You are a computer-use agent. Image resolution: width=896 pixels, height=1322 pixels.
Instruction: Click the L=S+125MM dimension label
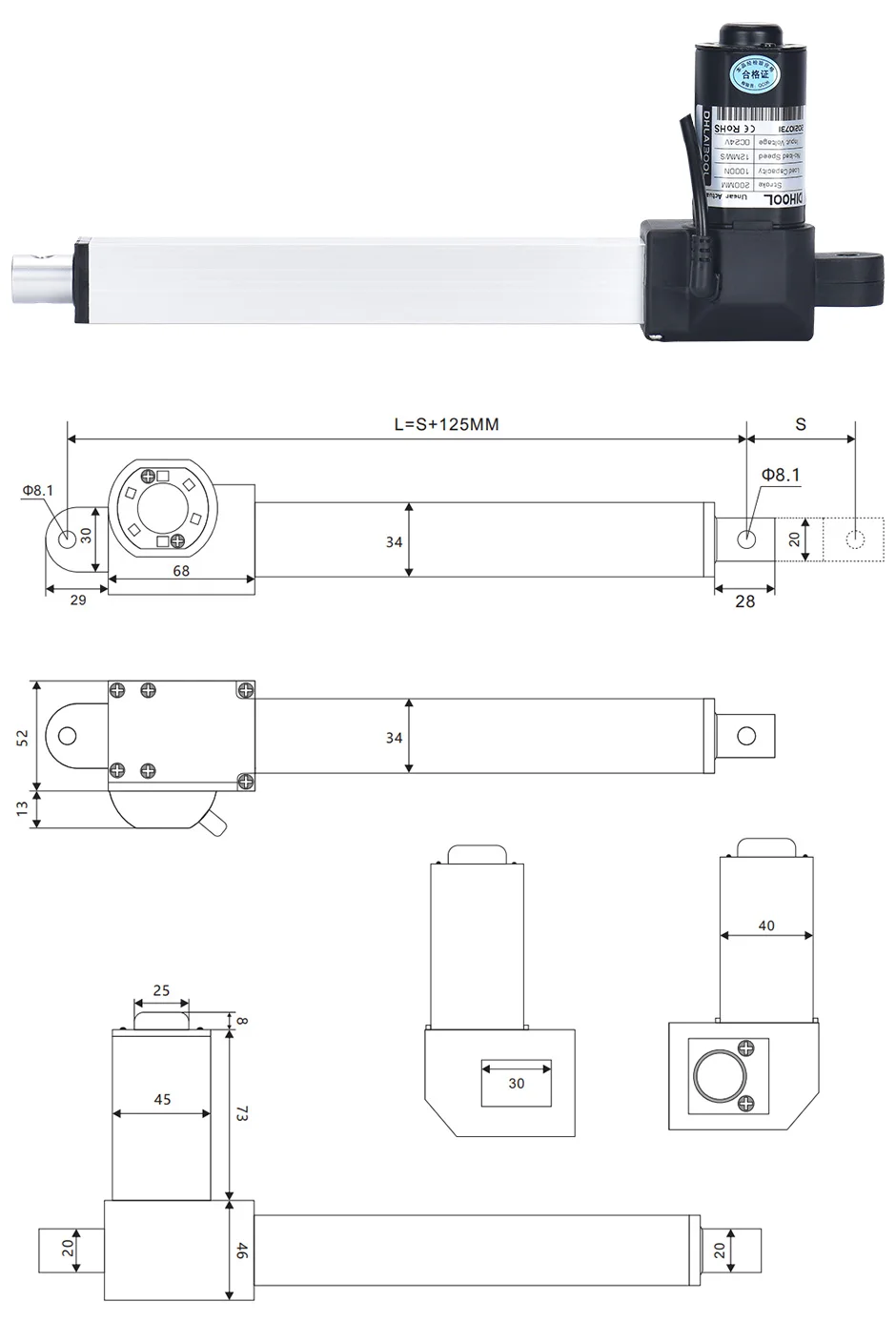coord(446,424)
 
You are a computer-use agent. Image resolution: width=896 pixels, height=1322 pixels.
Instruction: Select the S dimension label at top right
coord(801,424)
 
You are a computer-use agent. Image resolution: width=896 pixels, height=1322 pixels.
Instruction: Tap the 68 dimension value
coord(181,571)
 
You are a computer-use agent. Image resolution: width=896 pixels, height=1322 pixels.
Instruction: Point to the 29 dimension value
coord(77,600)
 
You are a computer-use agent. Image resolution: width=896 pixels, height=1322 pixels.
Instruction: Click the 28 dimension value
coord(744,600)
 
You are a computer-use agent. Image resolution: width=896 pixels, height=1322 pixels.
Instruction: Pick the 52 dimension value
coord(23,737)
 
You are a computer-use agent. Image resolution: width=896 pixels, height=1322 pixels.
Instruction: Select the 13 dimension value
coord(23,809)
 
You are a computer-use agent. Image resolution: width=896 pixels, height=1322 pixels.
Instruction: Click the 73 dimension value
coord(242,1112)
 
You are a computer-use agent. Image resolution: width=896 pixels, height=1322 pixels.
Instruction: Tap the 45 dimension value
coord(162,1099)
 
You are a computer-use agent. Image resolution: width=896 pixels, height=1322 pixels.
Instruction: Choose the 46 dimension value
coord(242,1252)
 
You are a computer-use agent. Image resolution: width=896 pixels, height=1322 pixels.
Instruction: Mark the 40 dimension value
coord(766,925)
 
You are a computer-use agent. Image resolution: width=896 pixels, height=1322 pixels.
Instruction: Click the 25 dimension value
coord(161,990)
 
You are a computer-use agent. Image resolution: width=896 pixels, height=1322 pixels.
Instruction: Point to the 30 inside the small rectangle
coord(516,1083)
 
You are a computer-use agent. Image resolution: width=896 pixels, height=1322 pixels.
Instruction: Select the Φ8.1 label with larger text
coord(781,475)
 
